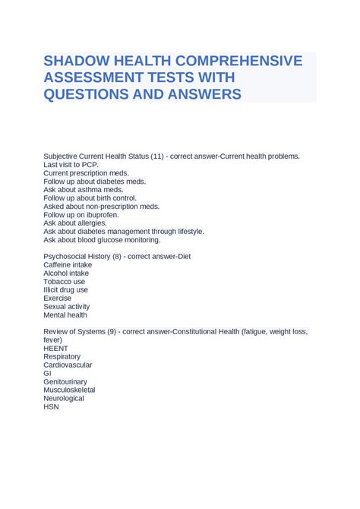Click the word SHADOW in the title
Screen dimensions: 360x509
(x=77, y=61)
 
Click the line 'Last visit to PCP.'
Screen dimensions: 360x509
(x=71, y=164)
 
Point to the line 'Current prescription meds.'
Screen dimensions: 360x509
(x=86, y=173)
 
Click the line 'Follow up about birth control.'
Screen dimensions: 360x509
(x=90, y=198)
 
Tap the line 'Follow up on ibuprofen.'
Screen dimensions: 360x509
(x=81, y=215)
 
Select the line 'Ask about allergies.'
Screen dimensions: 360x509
(x=75, y=223)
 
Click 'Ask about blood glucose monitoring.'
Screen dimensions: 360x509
(x=102, y=240)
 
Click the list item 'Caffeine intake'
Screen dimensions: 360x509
(x=68, y=265)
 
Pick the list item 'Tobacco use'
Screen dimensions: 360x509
(x=65, y=282)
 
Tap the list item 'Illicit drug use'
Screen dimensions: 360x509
(x=66, y=290)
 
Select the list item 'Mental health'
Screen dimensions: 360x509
(x=65, y=315)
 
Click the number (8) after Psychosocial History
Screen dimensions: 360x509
(x=115, y=257)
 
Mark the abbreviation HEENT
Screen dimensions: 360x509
(x=56, y=349)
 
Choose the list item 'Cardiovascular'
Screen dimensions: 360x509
(x=68, y=365)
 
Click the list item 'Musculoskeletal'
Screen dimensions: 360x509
(x=70, y=390)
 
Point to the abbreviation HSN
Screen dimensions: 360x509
(x=52, y=407)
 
